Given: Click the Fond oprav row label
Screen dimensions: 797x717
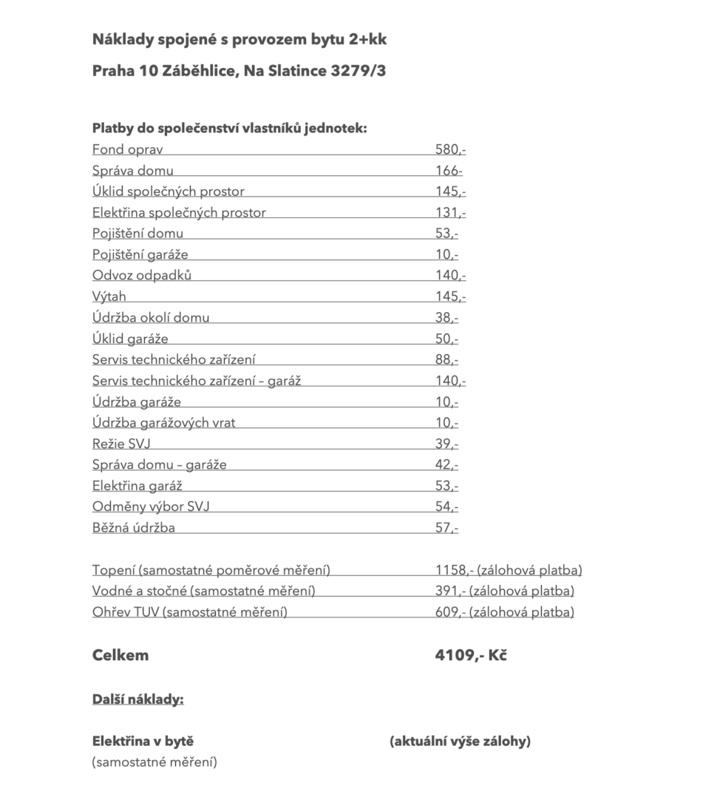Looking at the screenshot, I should pyautogui.click(x=127, y=150).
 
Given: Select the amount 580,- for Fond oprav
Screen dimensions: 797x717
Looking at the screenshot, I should pyautogui.click(x=450, y=150).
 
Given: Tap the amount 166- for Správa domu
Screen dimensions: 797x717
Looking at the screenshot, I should pyautogui.click(x=449, y=171).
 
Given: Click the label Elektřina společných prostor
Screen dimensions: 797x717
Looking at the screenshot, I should pyautogui.click(x=179, y=213).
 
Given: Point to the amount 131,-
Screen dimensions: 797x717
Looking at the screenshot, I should pyautogui.click(x=450, y=213).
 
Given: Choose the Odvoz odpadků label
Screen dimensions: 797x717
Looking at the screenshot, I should pyautogui.click(x=142, y=276).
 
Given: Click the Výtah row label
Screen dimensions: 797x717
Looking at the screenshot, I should pyautogui.click(x=109, y=296).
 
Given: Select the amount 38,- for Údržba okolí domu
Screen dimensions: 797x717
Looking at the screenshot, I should pyautogui.click(x=446, y=318).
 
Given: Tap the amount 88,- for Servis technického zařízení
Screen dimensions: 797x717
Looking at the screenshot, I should pyautogui.click(x=446, y=360).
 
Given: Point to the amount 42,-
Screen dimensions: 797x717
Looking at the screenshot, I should pyautogui.click(x=446, y=465).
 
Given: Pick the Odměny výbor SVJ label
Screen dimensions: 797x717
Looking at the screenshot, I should pyautogui.click(x=156, y=507).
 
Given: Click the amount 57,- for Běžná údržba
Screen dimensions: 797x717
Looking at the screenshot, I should pyautogui.click(x=446, y=528).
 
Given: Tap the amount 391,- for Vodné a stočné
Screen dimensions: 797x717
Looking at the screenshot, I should pyautogui.click(x=450, y=591).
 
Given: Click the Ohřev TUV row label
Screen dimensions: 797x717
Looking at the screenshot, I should pyautogui.click(x=189, y=612).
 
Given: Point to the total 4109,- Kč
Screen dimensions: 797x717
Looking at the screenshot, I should pyautogui.click(x=471, y=655).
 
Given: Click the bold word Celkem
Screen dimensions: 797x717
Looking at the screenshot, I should pyautogui.click(x=120, y=655).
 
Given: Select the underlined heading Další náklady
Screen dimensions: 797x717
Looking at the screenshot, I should pyautogui.click(x=137, y=699).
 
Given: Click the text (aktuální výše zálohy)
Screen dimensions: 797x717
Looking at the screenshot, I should pyautogui.click(x=460, y=742).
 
